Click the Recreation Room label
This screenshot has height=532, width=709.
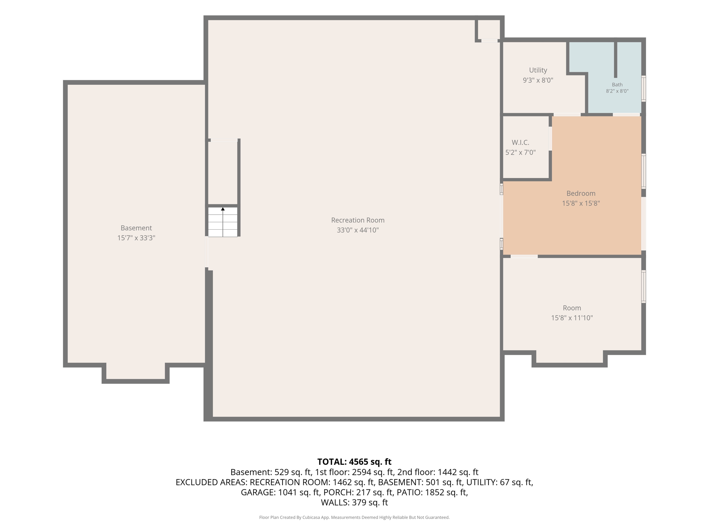pos(358,220)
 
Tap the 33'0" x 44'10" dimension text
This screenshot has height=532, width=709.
pos(358,230)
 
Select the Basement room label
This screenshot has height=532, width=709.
pos(136,228)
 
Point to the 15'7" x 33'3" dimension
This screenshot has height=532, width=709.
pos(136,238)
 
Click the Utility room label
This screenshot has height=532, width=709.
pos(538,70)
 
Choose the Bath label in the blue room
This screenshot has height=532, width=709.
pos(617,85)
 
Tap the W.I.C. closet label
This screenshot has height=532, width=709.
pos(520,142)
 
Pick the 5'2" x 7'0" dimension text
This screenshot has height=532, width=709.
pos(520,152)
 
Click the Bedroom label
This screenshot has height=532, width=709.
pos(581,193)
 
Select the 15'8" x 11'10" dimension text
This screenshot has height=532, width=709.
pos(572,318)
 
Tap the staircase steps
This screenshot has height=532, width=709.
pos(223,222)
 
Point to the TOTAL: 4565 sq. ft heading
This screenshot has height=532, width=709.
pos(354,462)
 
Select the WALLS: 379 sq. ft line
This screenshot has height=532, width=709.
pos(354,503)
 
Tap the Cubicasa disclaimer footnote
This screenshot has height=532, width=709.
pos(354,517)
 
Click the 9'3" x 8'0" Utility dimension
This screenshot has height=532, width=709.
pos(538,80)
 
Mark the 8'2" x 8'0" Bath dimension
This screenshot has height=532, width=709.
pos(617,91)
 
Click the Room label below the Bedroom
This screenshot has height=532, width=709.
pos(572,308)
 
